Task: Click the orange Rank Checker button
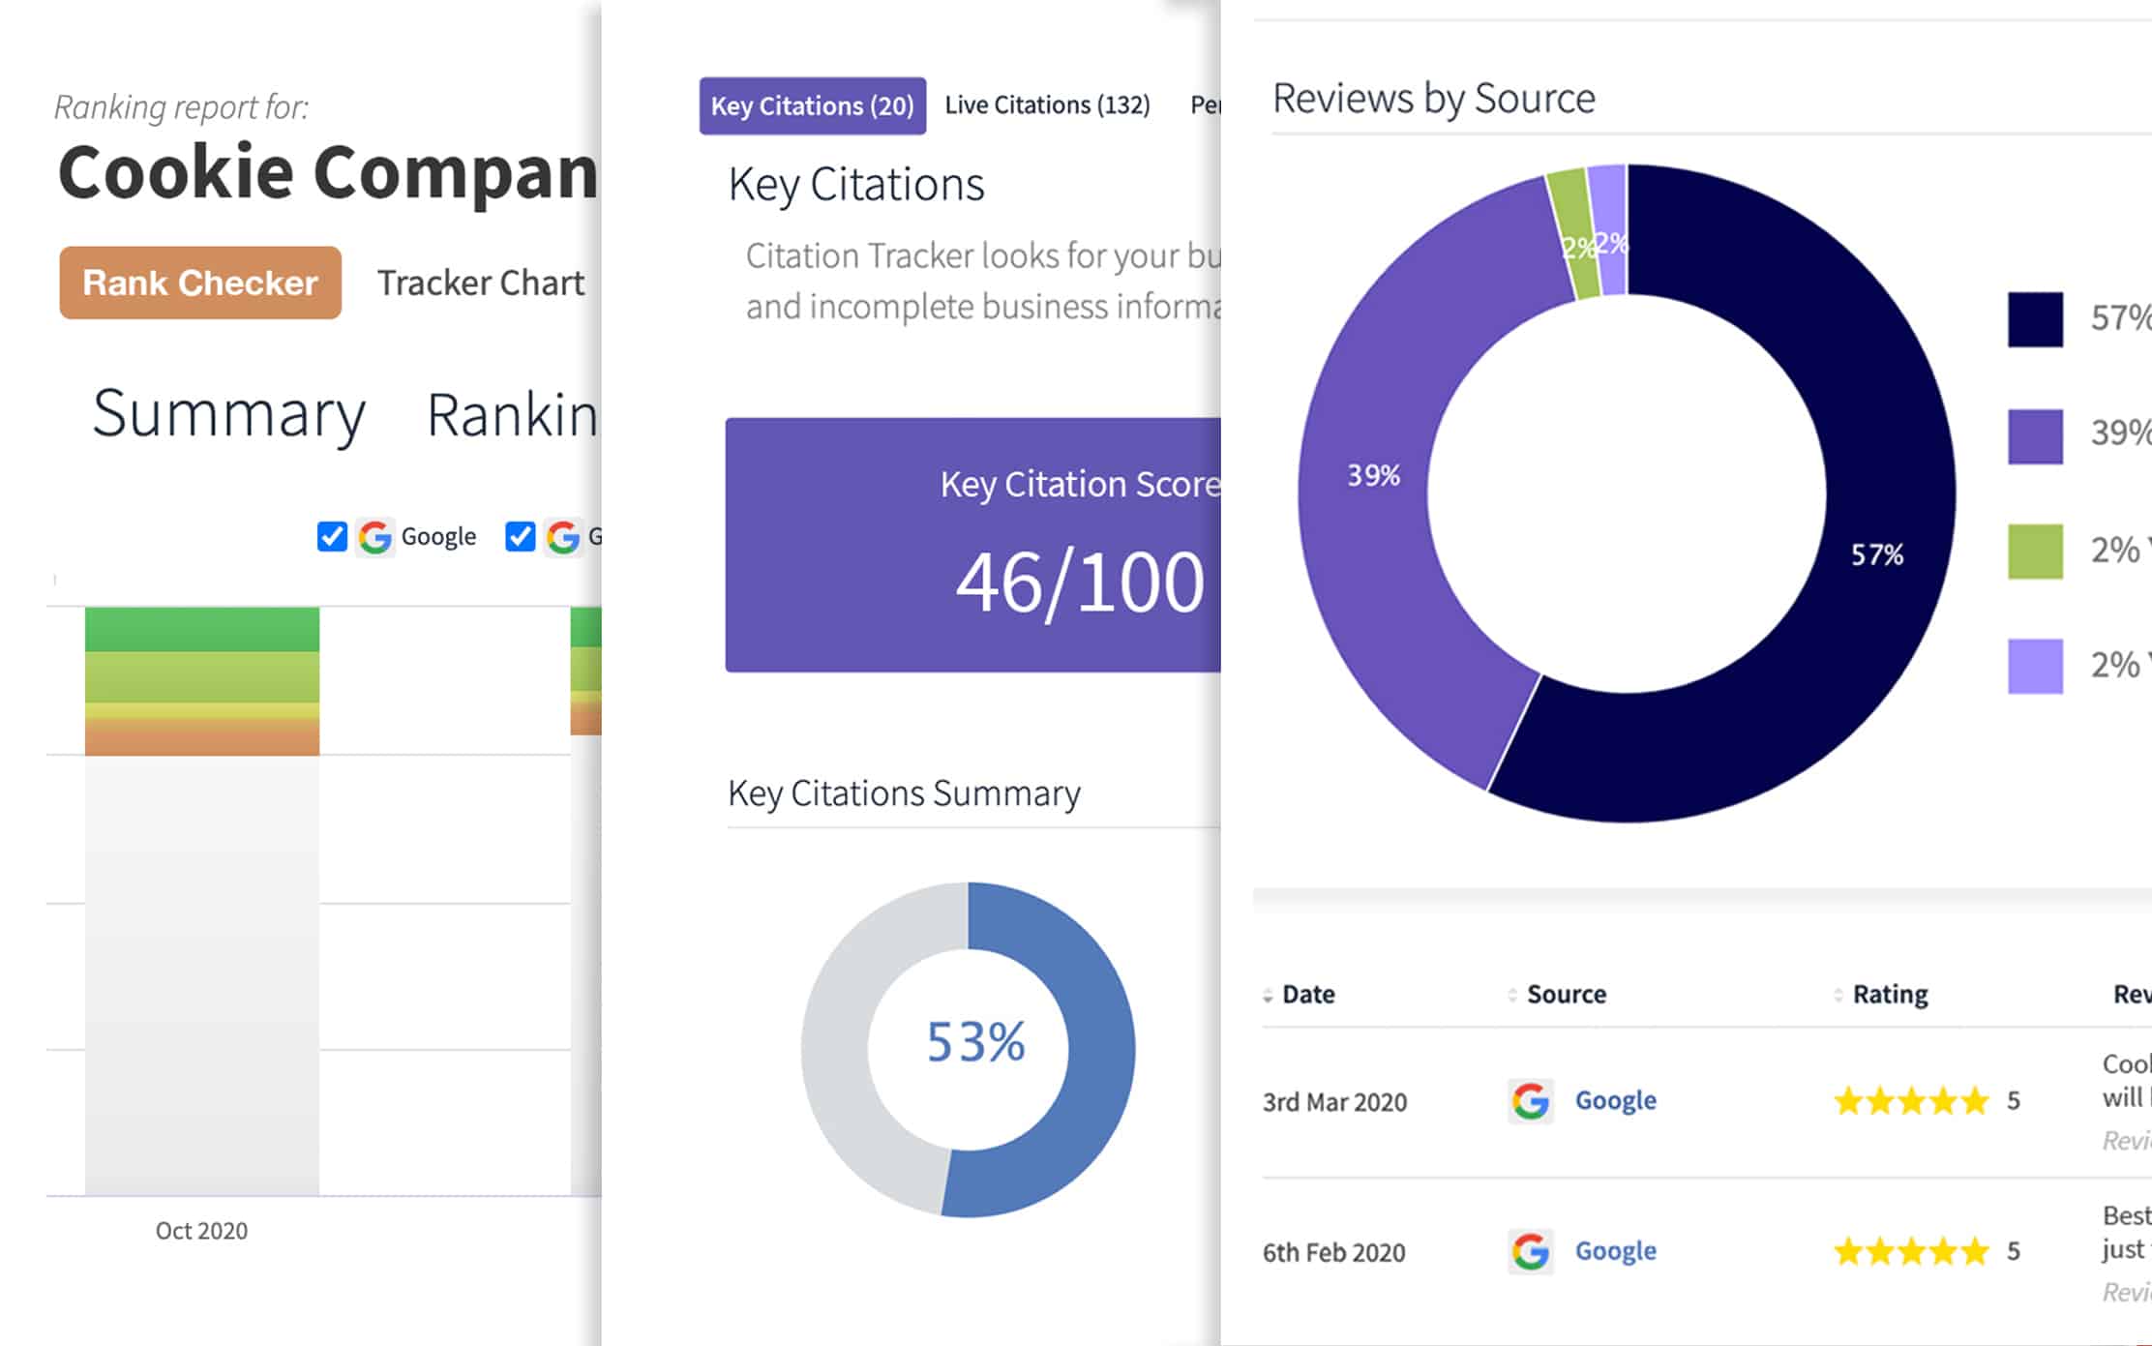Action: point(200,283)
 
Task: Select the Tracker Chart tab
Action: point(480,283)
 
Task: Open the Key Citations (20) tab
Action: point(812,105)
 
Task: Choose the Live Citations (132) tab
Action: point(1047,105)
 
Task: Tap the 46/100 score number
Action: point(1079,583)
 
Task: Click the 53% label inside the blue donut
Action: point(974,1042)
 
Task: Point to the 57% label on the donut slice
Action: point(1876,554)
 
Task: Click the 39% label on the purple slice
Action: point(1373,475)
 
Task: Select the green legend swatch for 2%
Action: point(2034,551)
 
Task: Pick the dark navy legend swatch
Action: point(2034,319)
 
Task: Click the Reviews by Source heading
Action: point(1433,99)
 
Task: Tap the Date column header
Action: point(1307,994)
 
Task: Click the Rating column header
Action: point(1889,994)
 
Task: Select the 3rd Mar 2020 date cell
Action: point(1333,1102)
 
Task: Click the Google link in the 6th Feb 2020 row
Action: point(1615,1251)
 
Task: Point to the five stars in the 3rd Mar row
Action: point(1910,1101)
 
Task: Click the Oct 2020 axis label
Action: point(201,1231)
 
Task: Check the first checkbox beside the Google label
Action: point(332,536)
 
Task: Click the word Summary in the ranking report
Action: point(228,414)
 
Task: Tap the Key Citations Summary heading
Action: point(903,793)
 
